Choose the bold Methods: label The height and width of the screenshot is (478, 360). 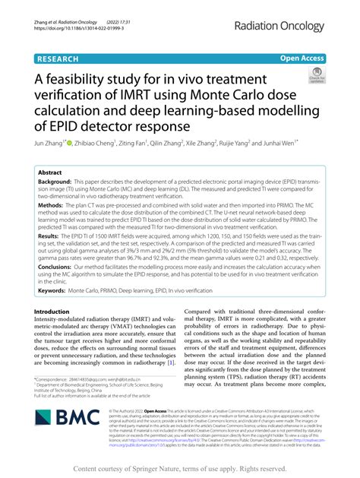[54, 205]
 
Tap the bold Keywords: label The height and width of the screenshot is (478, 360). [55, 290]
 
